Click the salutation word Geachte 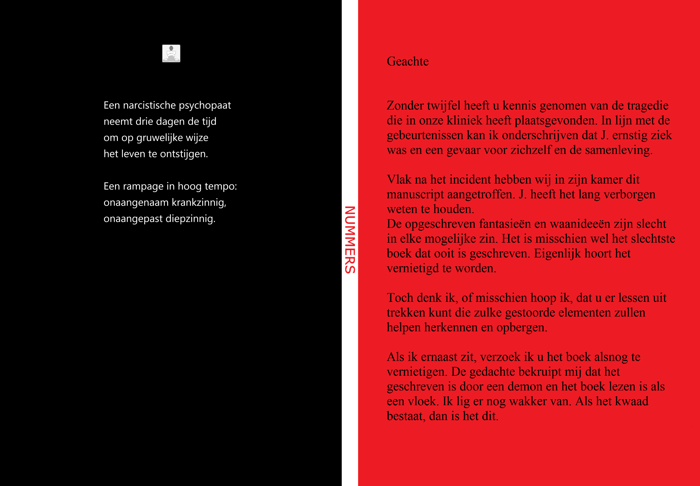(408, 62)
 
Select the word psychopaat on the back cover (205, 105)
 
